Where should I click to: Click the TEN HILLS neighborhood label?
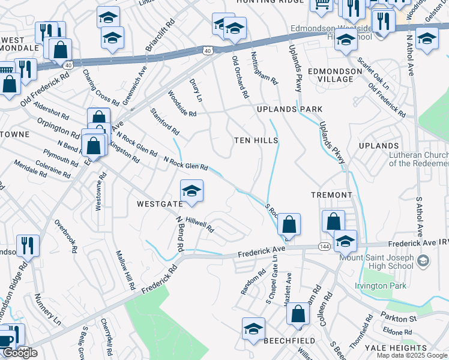pos(256,140)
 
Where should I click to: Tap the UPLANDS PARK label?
pos(289,109)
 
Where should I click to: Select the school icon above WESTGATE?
pos(191,191)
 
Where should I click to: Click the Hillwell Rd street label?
pos(199,225)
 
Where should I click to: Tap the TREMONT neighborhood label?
pos(331,195)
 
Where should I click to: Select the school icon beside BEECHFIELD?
pos(253,329)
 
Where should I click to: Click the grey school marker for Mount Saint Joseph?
pos(423,260)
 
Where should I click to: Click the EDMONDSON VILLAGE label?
pos(335,75)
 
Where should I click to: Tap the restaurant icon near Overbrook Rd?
pos(28,245)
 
